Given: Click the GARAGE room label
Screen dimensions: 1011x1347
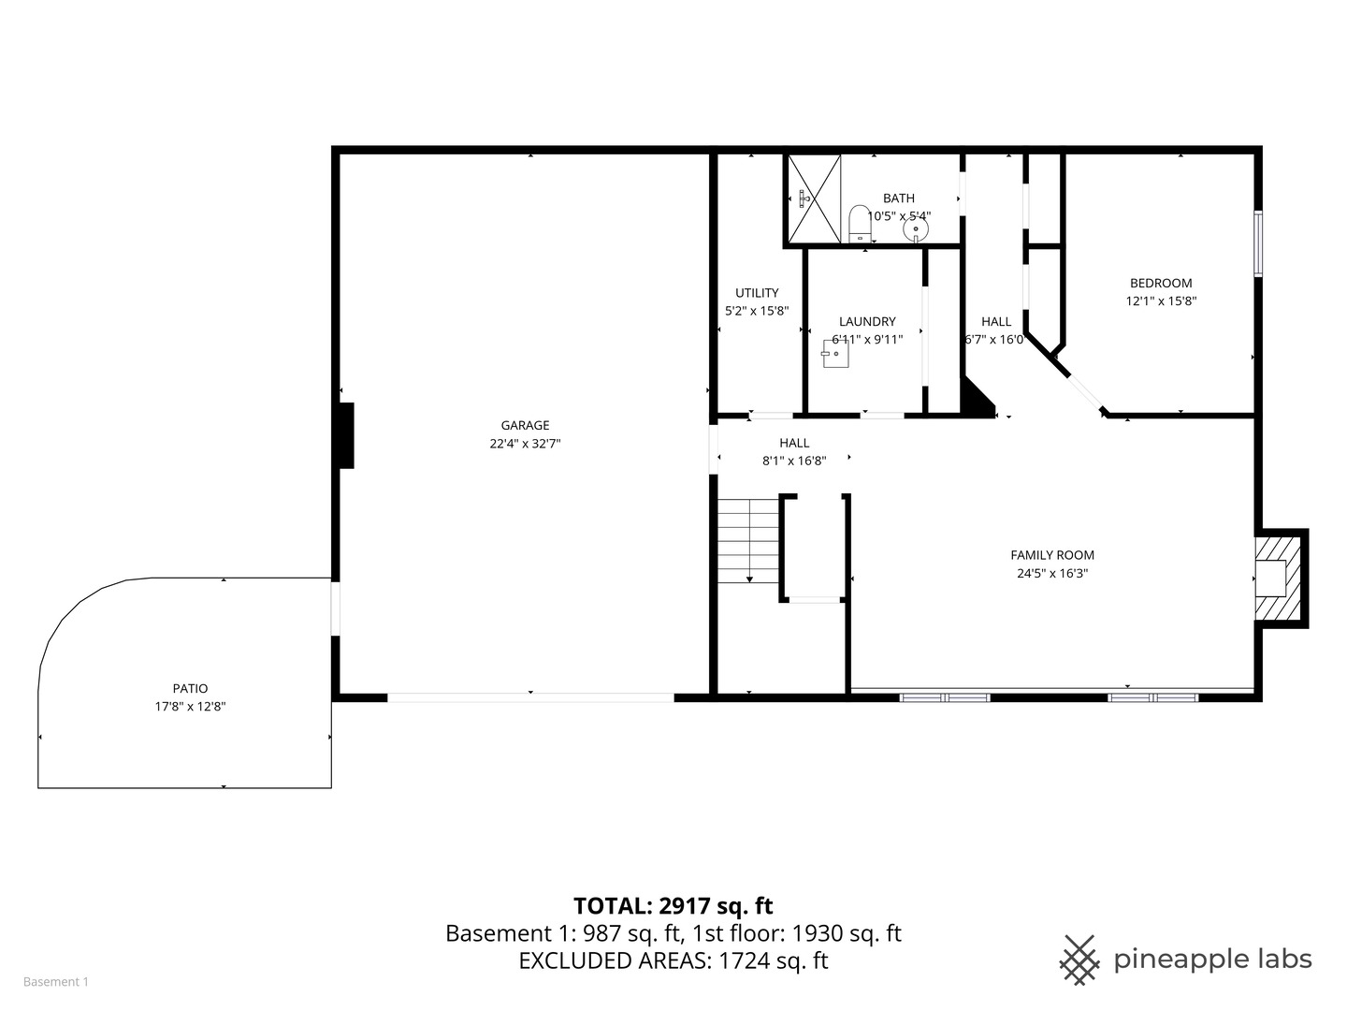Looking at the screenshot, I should (525, 425).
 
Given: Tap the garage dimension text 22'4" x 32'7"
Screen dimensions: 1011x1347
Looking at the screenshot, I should (525, 444).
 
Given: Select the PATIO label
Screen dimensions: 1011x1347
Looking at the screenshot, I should (190, 688).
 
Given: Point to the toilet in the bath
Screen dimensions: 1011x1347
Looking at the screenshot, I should (858, 224).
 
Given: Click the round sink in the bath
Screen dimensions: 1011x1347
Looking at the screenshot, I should (916, 227).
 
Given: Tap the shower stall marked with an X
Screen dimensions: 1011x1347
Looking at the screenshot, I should (814, 198).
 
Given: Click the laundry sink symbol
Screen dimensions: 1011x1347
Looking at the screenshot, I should (835, 354).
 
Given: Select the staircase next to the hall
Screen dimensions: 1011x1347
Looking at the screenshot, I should (748, 540).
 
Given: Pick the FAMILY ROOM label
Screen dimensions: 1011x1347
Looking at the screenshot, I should (1052, 555).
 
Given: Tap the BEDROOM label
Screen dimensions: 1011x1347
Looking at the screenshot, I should (1161, 283).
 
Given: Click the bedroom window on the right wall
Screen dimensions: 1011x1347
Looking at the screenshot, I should (1258, 243).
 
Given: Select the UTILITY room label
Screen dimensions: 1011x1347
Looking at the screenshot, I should (757, 293).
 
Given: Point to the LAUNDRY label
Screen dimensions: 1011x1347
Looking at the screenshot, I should (867, 321).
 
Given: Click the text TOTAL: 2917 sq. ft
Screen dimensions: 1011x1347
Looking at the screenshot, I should (673, 905).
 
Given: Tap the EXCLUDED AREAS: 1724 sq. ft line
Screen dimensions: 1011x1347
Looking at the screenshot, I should (673, 960).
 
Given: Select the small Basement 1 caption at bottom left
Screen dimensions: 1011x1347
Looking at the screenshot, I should (55, 982).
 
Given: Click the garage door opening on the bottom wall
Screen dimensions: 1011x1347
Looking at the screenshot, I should (530, 697).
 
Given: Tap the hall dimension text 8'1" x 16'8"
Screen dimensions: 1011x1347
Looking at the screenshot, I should (794, 461).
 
